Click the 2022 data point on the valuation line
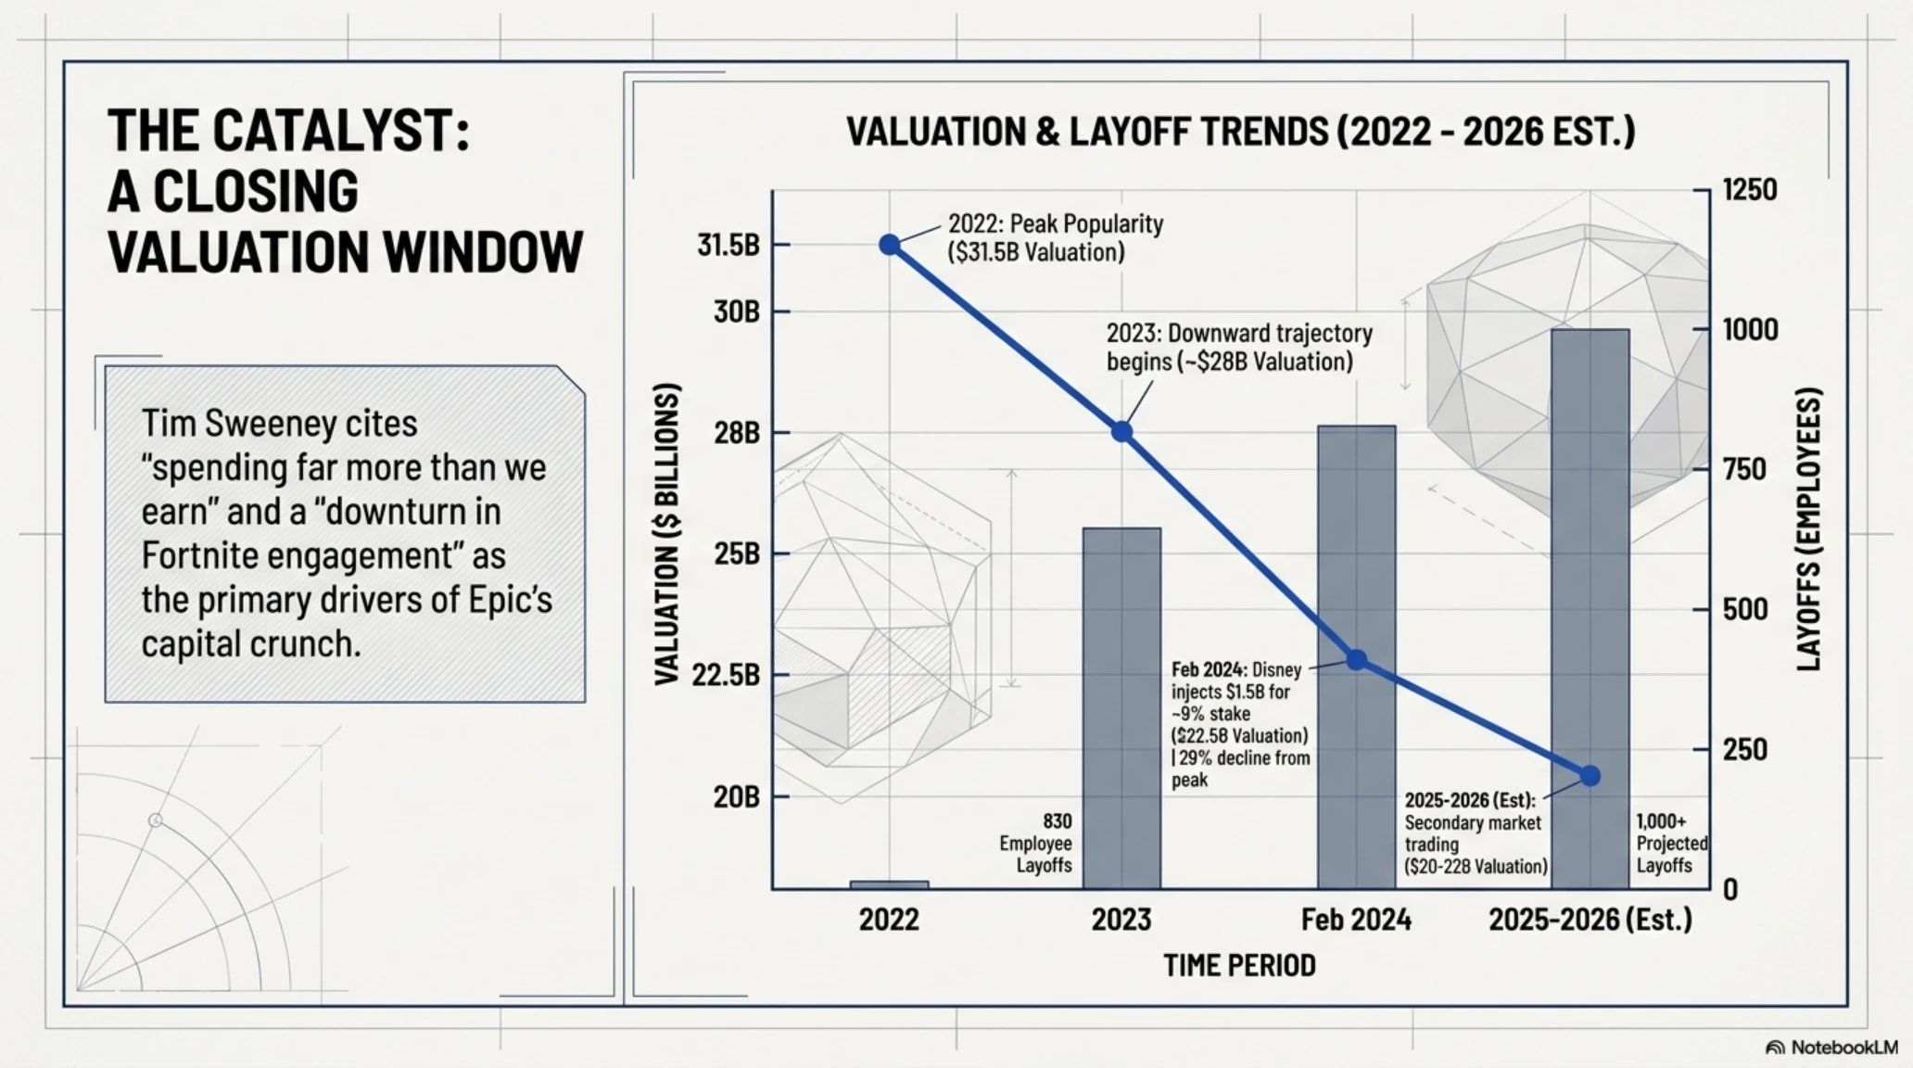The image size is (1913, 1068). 889,245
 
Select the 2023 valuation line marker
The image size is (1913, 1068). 1121,431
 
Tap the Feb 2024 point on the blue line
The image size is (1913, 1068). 1356,660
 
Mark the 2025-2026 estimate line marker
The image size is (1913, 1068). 1590,776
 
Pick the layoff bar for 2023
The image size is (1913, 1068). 1121,708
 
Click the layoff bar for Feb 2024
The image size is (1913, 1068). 1356,657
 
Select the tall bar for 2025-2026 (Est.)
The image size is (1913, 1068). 1590,609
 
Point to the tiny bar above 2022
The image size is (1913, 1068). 889,885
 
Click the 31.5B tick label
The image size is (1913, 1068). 728,245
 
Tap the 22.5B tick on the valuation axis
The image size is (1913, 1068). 726,674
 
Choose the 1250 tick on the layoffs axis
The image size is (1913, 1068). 1750,190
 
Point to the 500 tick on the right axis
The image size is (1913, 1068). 1745,609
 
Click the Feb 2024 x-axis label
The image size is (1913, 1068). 1356,920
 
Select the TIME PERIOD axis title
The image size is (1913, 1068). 1239,966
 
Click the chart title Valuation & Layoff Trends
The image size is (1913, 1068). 1240,132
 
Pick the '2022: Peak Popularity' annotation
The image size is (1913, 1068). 1055,238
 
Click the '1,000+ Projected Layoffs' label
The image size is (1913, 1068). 1671,844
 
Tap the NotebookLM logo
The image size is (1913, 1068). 1832,1047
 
